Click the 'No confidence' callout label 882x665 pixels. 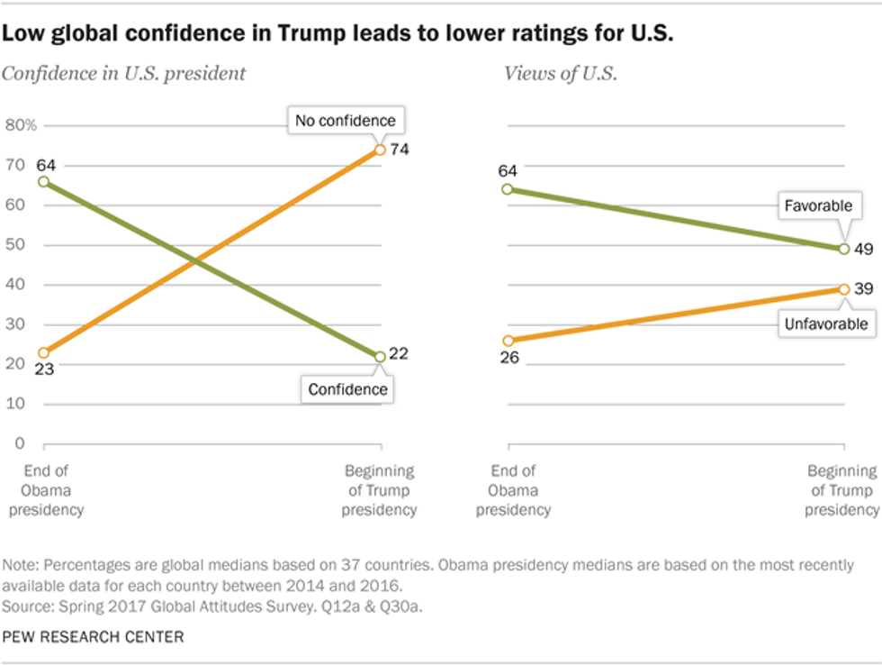coord(345,121)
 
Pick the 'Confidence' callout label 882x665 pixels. coord(347,389)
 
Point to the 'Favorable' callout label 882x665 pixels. coord(817,205)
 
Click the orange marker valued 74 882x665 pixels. coord(380,150)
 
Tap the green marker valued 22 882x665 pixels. coord(380,357)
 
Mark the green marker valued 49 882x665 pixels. coord(844,248)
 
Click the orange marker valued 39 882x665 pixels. coord(844,288)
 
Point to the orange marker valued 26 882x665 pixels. coord(508,341)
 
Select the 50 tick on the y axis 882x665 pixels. coord(16,245)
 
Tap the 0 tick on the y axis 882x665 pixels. coord(16,443)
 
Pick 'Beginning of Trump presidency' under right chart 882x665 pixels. coord(841,490)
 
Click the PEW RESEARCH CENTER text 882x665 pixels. coord(94,637)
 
